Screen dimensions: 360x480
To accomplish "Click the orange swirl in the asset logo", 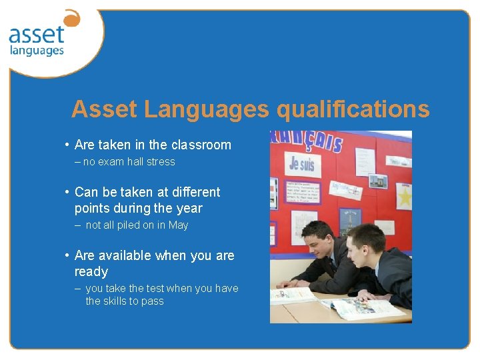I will click(x=71, y=18).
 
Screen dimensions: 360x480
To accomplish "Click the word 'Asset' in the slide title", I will click(x=99, y=109).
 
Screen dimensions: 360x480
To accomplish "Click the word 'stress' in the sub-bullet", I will click(x=161, y=162).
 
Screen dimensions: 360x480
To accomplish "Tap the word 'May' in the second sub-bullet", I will click(x=178, y=225).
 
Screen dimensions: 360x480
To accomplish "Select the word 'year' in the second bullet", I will click(x=189, y=208).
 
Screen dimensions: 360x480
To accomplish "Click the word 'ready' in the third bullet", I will click(x=91, y=271).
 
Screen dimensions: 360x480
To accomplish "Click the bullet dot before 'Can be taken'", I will click(x=68, y=193).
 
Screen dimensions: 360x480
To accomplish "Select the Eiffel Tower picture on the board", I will click(x=350, y=219).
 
